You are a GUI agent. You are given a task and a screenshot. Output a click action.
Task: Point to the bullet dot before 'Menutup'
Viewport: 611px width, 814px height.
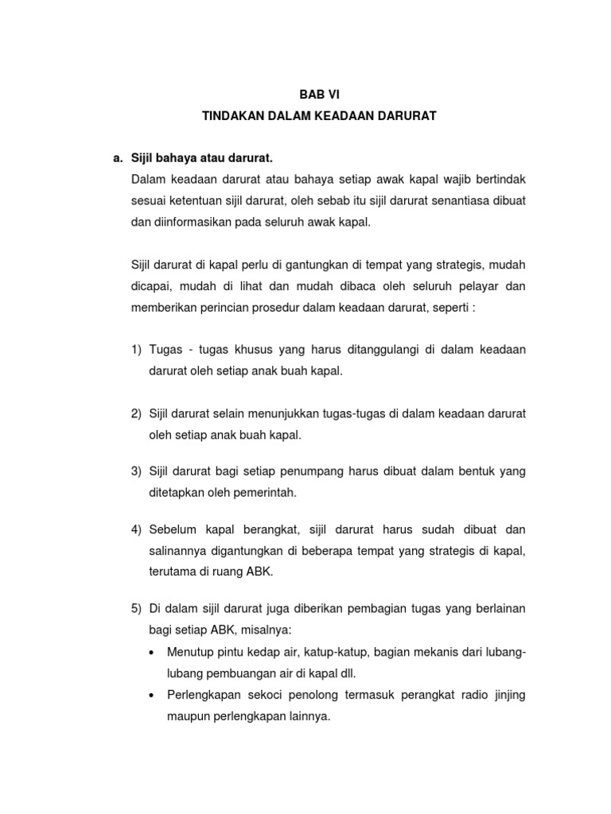[152, 653]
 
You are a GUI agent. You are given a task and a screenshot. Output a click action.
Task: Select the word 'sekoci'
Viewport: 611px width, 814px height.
[263, 695]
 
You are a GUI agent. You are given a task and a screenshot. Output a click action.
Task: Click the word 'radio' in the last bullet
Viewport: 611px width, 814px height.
[470, 695]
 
